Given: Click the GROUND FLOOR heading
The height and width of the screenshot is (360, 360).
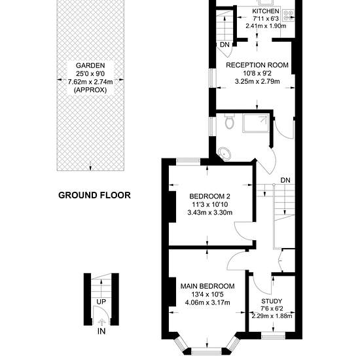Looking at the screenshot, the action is [94, 195].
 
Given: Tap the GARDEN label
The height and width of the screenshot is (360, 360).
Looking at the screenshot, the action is [90, 65].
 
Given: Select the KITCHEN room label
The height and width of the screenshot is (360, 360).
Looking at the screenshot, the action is [266, 11].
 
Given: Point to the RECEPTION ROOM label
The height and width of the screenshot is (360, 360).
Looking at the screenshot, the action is [257, 65].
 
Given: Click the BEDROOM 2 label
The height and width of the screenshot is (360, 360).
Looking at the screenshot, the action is [209, 196].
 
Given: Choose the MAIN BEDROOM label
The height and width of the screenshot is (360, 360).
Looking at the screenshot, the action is [207, 286].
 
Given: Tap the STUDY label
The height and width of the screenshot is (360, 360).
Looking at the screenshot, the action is [272, 301].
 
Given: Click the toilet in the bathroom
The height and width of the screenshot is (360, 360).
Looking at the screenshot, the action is [229, 121].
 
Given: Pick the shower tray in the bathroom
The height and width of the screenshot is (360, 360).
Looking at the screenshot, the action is [256, 123].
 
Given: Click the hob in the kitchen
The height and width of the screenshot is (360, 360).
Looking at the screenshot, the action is [288, 15].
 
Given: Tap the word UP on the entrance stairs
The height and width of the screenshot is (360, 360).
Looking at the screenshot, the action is [101, 302].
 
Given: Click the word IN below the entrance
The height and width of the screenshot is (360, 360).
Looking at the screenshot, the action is [101, 331].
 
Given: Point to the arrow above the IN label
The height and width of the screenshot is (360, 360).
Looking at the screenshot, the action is [101, 322].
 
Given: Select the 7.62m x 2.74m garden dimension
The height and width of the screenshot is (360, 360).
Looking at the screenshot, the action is [90, 82].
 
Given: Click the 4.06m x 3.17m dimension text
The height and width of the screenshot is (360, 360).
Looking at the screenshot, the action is [207, 302].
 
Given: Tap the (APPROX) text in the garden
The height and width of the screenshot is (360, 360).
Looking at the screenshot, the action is [90, 90].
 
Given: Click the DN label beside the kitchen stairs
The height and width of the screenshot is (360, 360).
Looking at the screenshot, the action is [225, 45].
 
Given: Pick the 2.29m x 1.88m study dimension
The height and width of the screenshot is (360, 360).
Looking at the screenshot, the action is [272, 316].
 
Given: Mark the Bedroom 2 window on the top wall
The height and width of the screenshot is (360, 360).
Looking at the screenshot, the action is [189, 162].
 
